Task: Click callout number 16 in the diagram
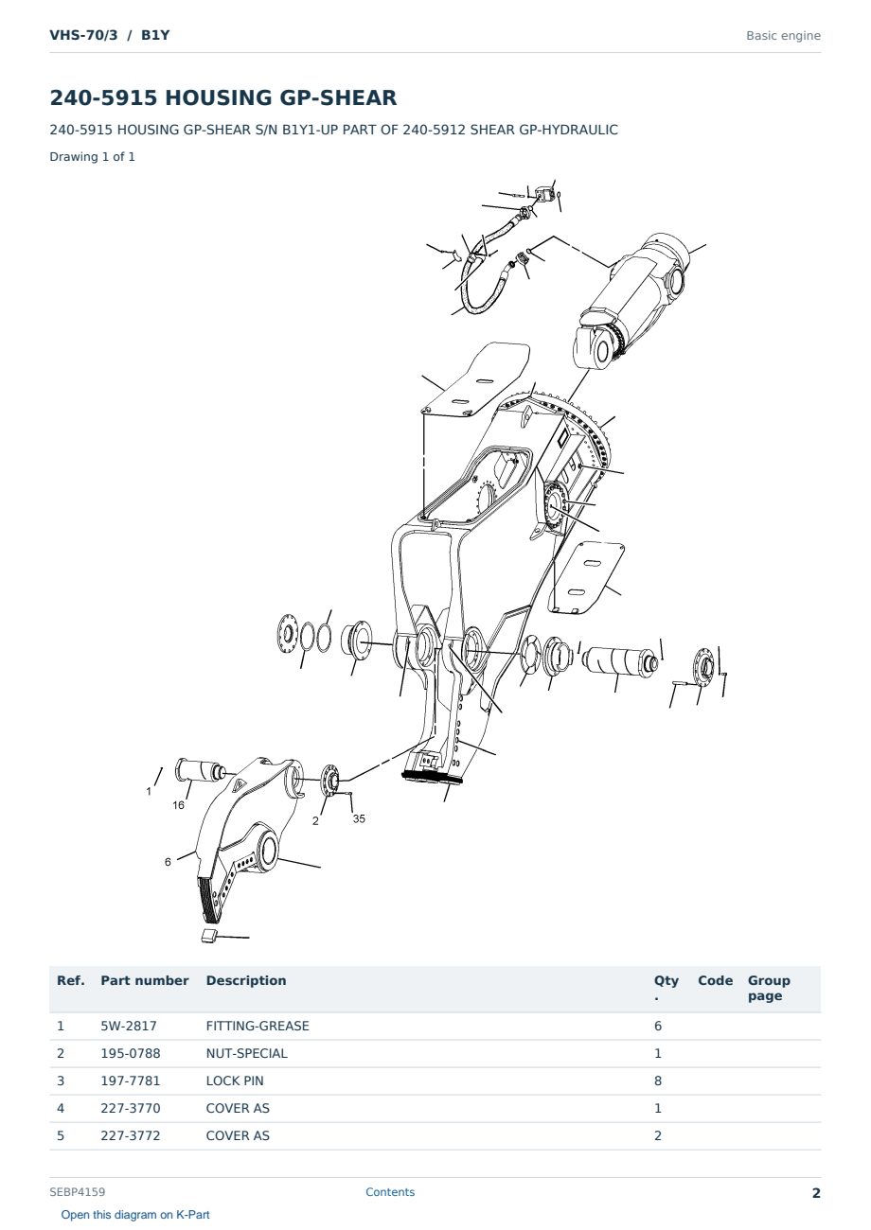pos(178,805)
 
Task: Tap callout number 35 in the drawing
pos(359,818)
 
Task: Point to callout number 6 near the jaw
pos(169,862)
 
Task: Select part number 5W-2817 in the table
pos(129,1026)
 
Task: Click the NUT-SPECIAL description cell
pos(247,1053)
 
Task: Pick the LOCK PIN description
pos(235,1081)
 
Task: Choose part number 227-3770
pos(131,1108)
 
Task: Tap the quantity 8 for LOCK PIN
pos(658,1081)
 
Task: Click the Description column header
pos(246,981)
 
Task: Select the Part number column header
pos(145,981)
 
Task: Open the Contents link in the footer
pos(390,1192)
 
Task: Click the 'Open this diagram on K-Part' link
pos(135,1215)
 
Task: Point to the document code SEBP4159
pos(78,1192)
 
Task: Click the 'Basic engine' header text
pos(783,36)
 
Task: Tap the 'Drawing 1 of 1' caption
pos(93,157)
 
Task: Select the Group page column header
pos(769,989)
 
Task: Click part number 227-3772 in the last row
pos(131,1135)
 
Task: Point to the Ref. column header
pos(71,981)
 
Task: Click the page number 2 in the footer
pos(816,1193)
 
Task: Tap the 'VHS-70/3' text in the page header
pos(83,35)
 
